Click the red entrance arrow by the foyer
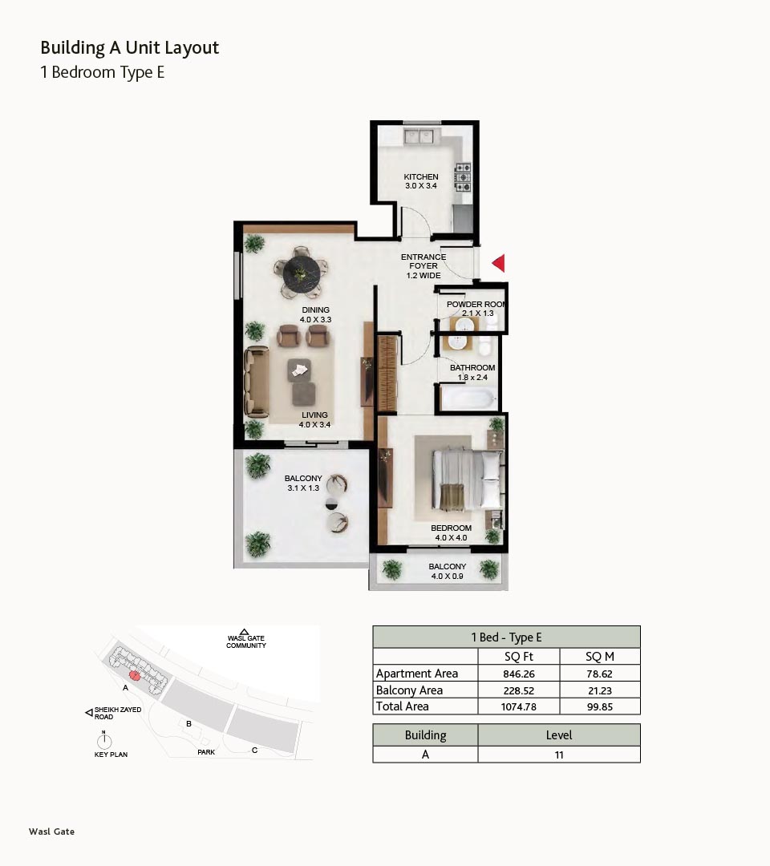[499, 263]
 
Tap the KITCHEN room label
[421, 176]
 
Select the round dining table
[301, 273]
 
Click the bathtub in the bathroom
[468, 399]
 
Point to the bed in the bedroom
[468, 480]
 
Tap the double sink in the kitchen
[419, 136]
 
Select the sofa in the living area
[257, 382]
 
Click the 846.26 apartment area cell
[519, 674]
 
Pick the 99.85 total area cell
[600, 707]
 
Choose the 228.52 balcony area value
[519, 690]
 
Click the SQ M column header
[600, 657]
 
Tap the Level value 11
[559, 755]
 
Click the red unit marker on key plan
[134, 675]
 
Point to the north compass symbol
[103, 739]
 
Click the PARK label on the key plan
[206, 752]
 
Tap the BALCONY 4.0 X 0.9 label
[448, 571]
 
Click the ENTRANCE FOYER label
[423, 261]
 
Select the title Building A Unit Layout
[130, 48]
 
